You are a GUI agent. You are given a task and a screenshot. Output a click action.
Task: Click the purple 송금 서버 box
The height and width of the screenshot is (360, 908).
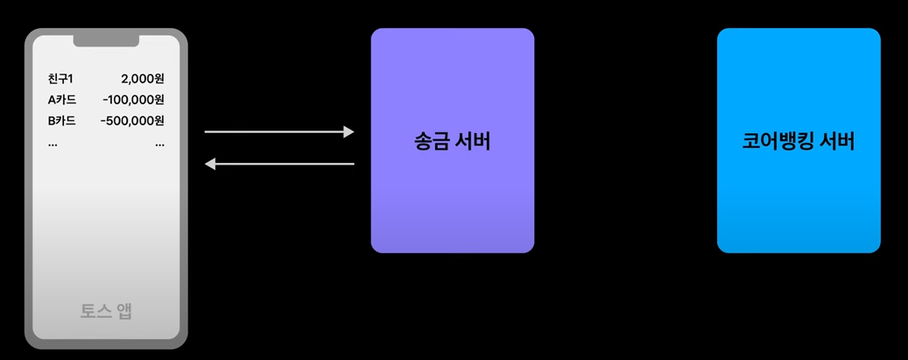point(452,201)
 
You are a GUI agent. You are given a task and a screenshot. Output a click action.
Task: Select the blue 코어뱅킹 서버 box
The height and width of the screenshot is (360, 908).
point(799,201)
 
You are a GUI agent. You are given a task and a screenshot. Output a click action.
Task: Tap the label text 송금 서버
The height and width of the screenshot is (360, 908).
point(452,141)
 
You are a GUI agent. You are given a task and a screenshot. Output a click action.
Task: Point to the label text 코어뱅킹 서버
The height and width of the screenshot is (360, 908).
point(799,141)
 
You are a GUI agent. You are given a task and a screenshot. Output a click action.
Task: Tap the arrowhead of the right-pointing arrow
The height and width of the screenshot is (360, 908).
point(349,132)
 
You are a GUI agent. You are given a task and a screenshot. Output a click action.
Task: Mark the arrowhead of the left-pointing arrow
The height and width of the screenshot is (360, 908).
point(210,164)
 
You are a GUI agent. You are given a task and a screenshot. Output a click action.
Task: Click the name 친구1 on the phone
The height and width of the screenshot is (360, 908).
point(60,79)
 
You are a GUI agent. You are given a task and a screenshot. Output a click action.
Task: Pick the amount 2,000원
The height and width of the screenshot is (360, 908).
point(143,79)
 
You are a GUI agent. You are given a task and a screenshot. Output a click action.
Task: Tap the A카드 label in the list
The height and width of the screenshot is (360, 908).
point(62,100)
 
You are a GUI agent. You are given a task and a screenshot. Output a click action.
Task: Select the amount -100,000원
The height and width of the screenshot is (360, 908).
point(133,100)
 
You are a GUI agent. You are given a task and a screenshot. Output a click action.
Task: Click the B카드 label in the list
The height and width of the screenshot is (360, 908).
point(62,121)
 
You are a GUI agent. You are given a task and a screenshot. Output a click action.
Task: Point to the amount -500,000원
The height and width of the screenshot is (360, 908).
point(132,121)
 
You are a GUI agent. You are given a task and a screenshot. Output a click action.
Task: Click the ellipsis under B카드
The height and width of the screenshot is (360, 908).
point(53,144)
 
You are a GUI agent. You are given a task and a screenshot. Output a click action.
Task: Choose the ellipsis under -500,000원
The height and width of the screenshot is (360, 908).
point(159,144)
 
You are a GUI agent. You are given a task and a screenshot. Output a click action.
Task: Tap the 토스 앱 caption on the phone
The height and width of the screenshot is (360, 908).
point(106,311)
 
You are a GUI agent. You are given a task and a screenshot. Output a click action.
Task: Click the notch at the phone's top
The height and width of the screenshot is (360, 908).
point(106,39)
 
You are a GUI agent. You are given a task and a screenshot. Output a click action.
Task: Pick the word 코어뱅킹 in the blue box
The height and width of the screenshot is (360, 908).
point(774,141)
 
